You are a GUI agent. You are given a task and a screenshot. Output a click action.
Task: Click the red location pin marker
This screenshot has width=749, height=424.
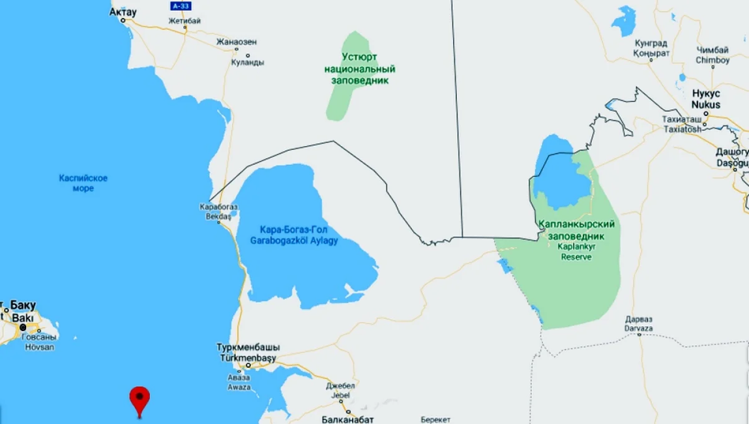140,397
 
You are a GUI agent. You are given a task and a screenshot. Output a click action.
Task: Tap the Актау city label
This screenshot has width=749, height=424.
123,12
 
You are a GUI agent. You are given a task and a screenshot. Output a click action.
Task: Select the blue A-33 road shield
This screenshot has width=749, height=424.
180,6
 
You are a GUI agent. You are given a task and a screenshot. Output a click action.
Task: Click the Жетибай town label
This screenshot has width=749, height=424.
185,21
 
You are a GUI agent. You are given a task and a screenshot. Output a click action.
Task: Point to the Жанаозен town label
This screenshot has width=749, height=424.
237,42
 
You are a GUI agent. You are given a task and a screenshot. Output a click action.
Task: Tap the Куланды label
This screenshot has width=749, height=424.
247,62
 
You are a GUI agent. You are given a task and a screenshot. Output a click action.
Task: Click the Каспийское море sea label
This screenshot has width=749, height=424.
83,183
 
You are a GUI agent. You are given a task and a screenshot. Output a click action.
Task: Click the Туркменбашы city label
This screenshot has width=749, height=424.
248,347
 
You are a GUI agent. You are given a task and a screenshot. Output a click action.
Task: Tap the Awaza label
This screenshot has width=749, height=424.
239,387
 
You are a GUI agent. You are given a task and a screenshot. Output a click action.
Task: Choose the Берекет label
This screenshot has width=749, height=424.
435,420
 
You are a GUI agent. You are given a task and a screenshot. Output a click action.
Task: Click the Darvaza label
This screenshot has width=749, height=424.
639,327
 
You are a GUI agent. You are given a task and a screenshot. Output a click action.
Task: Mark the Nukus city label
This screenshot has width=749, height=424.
706,105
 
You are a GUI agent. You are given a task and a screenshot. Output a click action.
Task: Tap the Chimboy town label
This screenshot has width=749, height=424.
713,61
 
